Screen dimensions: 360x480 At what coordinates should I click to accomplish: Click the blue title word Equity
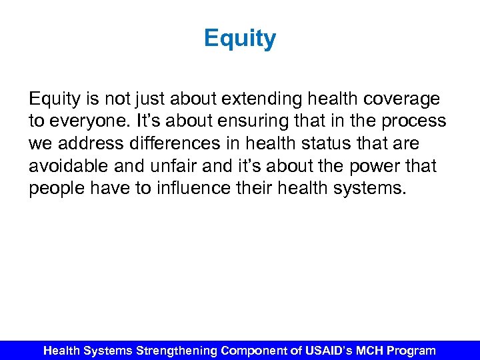[x=240, y=39]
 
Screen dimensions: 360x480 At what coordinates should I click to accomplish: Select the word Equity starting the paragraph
[x=55, y=100]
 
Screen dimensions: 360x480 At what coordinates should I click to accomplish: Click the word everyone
[x=86, y=122]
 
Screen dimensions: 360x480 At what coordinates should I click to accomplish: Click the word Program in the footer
[x=411, y=350]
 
